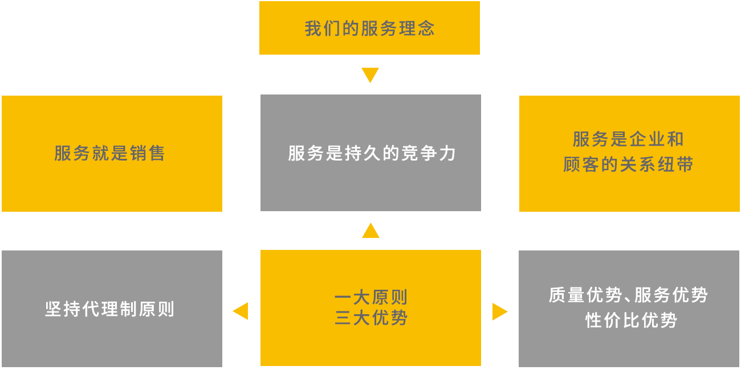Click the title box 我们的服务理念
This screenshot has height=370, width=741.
click(369, 28)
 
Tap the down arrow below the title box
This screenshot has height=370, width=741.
click(370, 76)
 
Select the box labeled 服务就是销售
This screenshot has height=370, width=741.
click(112, 154)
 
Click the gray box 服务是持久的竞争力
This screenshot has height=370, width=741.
click(370, 153)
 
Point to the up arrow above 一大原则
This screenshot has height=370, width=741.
click(370, 230)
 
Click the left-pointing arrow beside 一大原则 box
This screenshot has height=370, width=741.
click(240, 311)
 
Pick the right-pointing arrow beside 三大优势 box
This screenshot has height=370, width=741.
click(500, 311)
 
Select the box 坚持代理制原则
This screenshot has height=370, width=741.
click(112, 309)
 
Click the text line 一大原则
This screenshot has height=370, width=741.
click(370, 298)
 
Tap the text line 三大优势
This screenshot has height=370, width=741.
click(370, 318)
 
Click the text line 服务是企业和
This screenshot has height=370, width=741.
click(628, 139)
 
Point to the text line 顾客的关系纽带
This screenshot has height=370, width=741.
click(628, 165)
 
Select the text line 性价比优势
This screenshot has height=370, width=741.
click(630, 320)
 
